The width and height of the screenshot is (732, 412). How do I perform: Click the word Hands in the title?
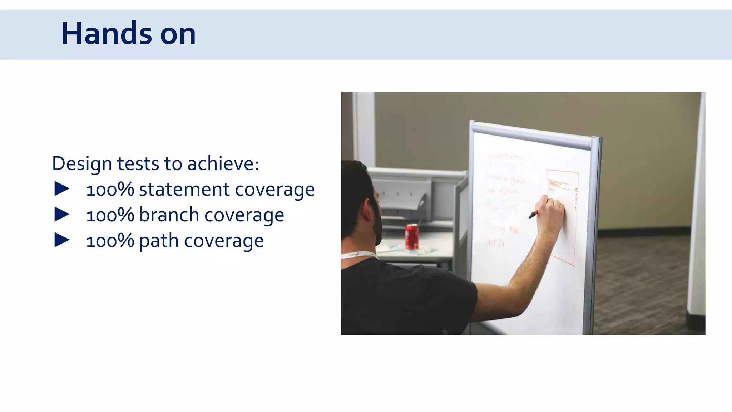(x=107, y=34)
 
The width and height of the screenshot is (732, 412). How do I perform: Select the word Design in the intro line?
(x=82, y=164)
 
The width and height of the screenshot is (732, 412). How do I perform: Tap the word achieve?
(x=223, y=164)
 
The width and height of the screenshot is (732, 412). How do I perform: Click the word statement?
(x=184, y=189)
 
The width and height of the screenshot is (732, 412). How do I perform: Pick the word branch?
(x=169, y=215)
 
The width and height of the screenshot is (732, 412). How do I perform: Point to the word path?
(x=159, y=241)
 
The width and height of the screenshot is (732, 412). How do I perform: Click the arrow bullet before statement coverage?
(x=62, y=189)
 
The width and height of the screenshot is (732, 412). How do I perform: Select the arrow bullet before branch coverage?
(x=62, y=215)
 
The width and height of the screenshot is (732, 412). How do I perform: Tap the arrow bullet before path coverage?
(x=62, y=240)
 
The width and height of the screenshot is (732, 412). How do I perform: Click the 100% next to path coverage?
(x=110, y=241)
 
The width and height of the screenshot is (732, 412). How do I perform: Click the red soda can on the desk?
(x=411, y=236)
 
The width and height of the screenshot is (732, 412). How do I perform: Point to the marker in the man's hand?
(x=533, y=215)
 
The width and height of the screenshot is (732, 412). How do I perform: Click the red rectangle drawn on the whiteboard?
(x=562, y=218)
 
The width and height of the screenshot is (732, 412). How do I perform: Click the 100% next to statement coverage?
(x=110, y=190)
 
